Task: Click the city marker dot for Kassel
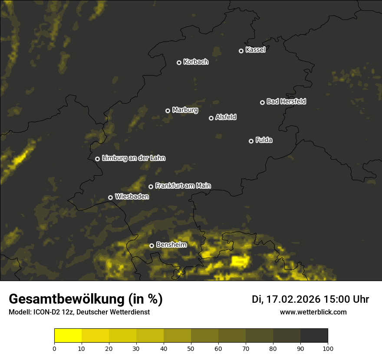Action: (241, 51)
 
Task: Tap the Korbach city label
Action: (196, 62)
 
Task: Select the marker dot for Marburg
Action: (168, 111)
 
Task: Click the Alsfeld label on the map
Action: (226, 117)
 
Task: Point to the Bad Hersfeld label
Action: (286, 101)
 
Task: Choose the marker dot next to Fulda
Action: (251, 141)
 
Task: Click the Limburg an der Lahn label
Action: (133, 158)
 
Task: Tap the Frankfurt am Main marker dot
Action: (151, 187)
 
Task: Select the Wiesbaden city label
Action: (132, 196)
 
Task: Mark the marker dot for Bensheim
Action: (151, 245)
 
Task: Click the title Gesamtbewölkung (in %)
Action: (86, 299)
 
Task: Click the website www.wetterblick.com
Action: (313, 312)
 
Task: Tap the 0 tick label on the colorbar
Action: (54, 348)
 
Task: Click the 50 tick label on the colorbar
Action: (191, 348)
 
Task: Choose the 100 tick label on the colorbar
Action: (328, 348)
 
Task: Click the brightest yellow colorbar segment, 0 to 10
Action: (68, 335)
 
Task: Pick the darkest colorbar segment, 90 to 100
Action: (314, 335)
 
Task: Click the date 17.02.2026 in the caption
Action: (293, 299)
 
